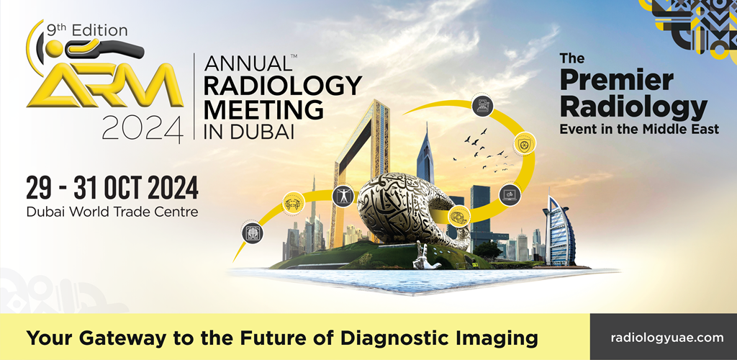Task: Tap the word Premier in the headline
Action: point(616,81)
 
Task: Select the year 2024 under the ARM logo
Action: point(143,128)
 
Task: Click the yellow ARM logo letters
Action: point(105,85)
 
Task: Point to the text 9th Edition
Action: point(87,30)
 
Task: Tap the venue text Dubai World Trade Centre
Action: point(112,212)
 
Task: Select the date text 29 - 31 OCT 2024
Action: point(112,188)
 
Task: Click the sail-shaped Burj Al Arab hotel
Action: point(559,231)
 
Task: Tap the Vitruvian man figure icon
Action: point(343,196)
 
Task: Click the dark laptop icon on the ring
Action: point(510,194)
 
